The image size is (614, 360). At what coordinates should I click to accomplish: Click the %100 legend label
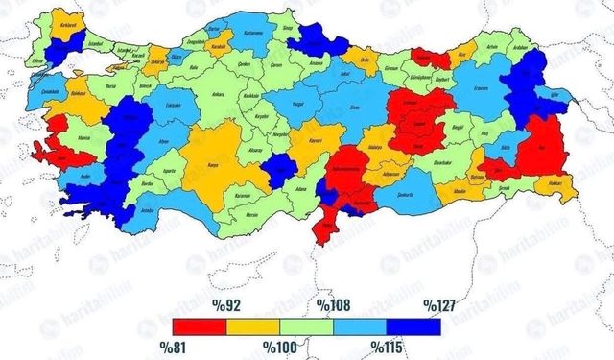coord(278,343)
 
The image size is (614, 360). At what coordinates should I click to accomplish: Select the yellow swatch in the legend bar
coord(252,326)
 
